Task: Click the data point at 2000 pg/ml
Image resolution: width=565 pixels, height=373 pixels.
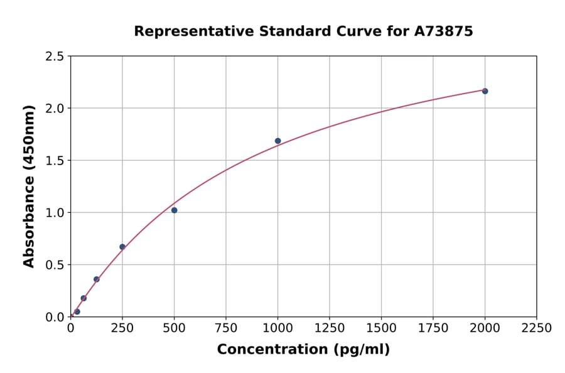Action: pyautogui.click(x=485, y=91)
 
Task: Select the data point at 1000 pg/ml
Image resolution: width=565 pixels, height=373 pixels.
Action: pyautogui.click(x=277, y=141)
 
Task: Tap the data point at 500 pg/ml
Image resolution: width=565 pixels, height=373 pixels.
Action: pyautogui.click(x=174, y=210)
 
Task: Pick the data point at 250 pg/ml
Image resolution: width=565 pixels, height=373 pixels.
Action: pyautogui.click(x=122, y=247)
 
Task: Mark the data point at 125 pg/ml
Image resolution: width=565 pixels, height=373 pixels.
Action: pyautogui.click(x=97, y=279)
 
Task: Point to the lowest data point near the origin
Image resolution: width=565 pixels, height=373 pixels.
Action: pyautogui.click(x=77, y=311)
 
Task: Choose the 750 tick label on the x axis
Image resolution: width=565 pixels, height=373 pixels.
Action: pyautogui.click(x=226, y=328)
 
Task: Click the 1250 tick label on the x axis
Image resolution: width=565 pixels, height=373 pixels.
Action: pyautogui.click(x=330, y=328)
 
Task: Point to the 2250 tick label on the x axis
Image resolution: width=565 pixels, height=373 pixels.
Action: pyautogui.click(x=537, y=328)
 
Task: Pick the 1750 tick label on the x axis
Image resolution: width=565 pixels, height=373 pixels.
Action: pyautogui.click(x=433, y=328)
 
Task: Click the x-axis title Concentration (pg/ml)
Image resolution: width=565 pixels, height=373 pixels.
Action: pyautogui.click(x=303, y=350)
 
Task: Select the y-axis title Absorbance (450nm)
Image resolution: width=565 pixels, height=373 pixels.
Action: pyautogui.click(x=29, y=186)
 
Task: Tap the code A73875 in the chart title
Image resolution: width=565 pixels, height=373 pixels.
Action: pyautogui.click(x=444, y=31)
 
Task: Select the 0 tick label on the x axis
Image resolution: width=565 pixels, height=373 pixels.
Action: pyautogui.click(x=70, y=328)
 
